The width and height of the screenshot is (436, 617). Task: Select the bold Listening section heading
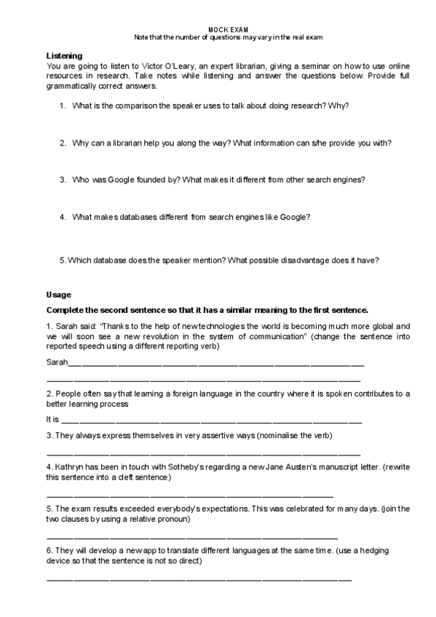pyautogui.click(x=64, y=56)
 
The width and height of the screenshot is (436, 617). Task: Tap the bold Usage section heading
pyautogui.click(x=58, y=295)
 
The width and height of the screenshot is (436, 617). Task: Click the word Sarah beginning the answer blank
pyautogui.click(x=57, y=362)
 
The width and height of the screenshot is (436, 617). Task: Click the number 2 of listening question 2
pyautogui.click(x=63, y=143)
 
